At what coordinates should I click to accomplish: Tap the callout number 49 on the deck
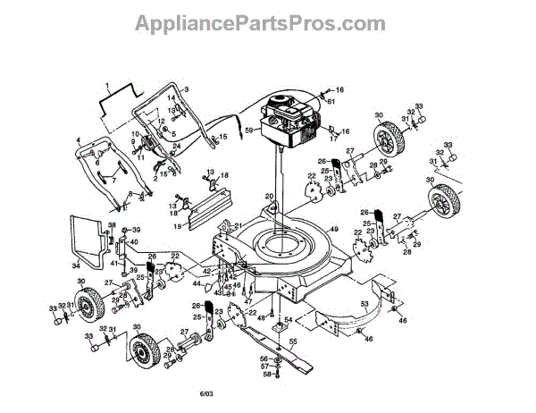click(x=336, y=230)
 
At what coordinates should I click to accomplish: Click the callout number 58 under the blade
click(x=265, y=375)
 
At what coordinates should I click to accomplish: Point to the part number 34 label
click(x=76, y=265)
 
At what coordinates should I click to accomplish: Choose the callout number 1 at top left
click(x=106, y=85)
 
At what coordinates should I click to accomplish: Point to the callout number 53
click(x=364, y=305)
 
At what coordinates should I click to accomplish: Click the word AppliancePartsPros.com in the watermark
click(x=267, y=22)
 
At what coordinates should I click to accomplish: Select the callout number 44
click(x=197, y=283)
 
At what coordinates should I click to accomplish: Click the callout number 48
click(x=260, y=316)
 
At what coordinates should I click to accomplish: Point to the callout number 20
click(x=268, y=197)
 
